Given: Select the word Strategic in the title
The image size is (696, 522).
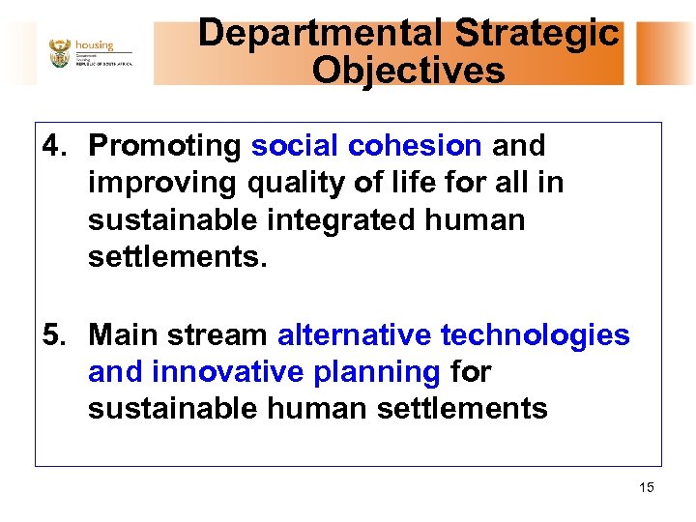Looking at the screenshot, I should coord(536,34).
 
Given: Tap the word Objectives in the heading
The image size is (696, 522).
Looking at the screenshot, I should coord(408,71).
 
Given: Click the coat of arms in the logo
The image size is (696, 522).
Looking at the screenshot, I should coord(60,53).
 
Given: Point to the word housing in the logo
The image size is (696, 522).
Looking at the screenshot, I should coord(95,44).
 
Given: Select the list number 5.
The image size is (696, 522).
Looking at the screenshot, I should coord(52,335).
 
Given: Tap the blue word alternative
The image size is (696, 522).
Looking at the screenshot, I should coord(354,335).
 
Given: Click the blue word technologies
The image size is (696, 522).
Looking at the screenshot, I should coord(535,335).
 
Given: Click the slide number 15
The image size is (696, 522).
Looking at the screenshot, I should coord(646,487).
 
